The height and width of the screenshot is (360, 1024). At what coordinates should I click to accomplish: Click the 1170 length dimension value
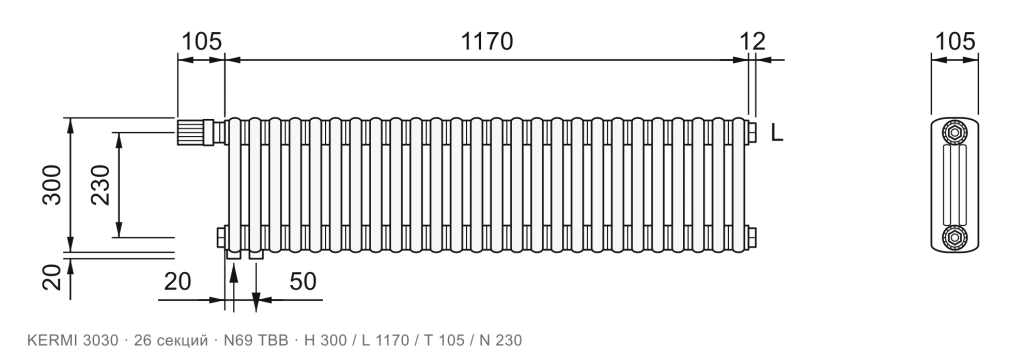(487, 41)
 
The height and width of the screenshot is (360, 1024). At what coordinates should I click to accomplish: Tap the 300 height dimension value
(52, 185)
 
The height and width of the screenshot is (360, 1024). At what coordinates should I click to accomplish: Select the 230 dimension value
(101, 185)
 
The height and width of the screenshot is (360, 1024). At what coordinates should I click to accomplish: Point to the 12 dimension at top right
(753, 41)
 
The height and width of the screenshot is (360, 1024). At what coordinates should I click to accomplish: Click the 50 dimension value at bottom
(302, 281)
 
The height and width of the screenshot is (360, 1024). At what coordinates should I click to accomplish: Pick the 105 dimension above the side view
(955, 41)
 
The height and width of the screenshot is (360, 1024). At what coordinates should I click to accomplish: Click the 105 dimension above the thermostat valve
(201, 41)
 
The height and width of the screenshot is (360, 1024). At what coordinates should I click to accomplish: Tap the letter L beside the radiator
(776, 133)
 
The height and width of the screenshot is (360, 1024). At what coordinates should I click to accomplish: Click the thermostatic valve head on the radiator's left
(191, 131)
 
